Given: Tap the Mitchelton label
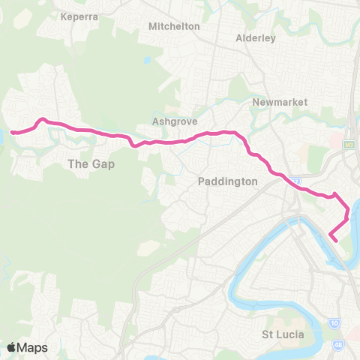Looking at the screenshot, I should click(x=175, y=26).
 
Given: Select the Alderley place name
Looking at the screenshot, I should click(x=256, y=37).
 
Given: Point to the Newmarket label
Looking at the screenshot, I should click(x=276, y=102).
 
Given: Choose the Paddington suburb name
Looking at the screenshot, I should click(x=227, y=181).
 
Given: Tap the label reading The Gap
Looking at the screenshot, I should click(x=91, y=163).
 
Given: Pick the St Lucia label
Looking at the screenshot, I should click(x=282, y=334).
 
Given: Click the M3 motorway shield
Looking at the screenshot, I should click(x=349, y=143).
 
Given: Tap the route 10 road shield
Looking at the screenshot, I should click(x=334, y=323).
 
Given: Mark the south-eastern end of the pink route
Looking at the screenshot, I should click(x=331, y=239).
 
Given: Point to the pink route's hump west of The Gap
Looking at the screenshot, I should click(x=43, y=118).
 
